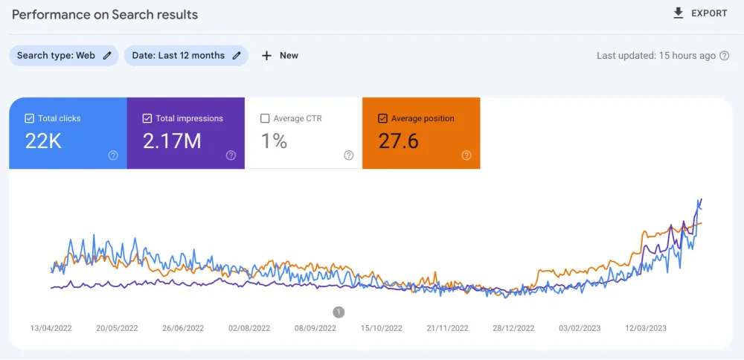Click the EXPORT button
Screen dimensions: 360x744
[x=699, y=13]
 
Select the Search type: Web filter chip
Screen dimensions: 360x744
[x=63, y=55]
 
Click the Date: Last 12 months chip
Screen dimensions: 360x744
[x=186, y=55]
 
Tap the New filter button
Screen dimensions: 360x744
[x=280, y=55]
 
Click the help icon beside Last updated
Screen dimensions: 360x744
[x=725, y=56]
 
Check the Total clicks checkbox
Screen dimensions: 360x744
[x=29, y=118]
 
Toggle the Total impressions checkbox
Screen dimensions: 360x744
[x=147, y=118]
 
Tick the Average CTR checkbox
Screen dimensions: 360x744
[x=265, y=118]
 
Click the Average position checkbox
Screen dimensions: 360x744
[x=382, y=118]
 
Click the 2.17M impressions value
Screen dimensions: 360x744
[x=172, y=141]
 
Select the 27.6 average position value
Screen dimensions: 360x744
[x=398, y=141]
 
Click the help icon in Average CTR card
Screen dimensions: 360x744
[x=348, y=155]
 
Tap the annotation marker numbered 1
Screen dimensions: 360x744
[x=339, y=312]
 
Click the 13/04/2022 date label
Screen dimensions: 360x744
[x=51, y=328]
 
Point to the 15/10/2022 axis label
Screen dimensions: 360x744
[x=382, y=328]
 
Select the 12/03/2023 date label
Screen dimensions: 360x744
[x=646, y=328]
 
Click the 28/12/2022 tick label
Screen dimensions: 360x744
[x=514, y=328]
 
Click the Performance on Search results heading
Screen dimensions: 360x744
[x=105, y=14]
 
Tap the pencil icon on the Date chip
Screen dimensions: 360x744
[x=237, y=55]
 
